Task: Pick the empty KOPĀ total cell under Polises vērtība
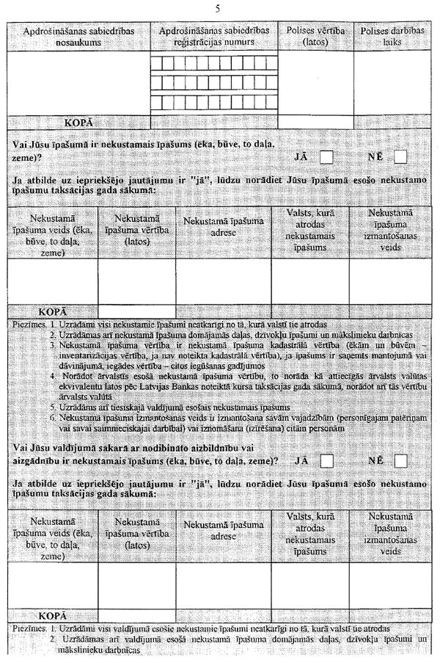[x=309, y=122]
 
